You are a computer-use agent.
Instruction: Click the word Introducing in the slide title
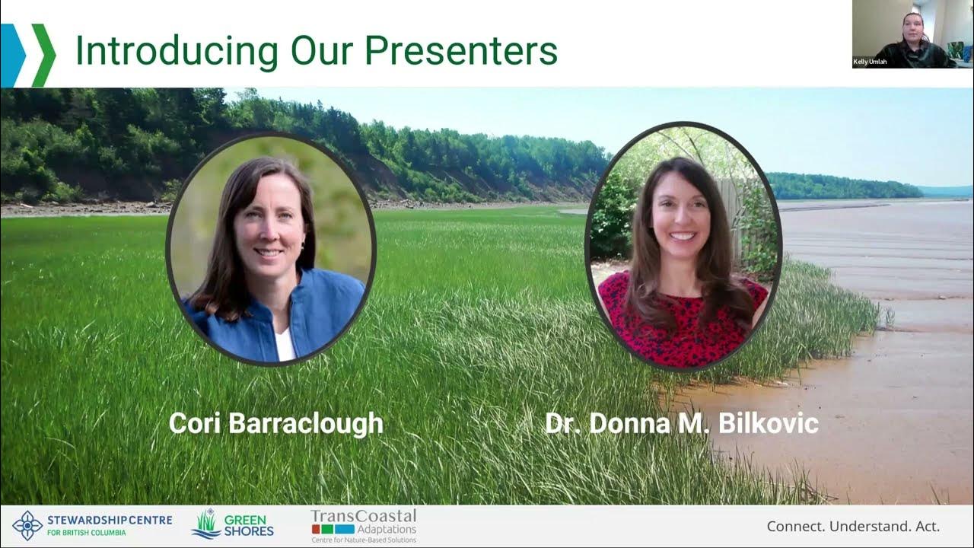177,51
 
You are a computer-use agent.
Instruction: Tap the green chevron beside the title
44,55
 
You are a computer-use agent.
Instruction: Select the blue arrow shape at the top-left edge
11,55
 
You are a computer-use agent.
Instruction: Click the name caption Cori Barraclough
275,424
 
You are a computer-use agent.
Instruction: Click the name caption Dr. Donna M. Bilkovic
681,424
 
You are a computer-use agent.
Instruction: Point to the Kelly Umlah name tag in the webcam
870,62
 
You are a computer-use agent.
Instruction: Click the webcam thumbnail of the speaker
912,33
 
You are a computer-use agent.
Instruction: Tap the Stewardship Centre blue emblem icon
27,526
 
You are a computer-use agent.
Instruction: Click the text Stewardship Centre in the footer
109,521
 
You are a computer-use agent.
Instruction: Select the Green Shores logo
232,525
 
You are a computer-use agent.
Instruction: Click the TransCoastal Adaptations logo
364,525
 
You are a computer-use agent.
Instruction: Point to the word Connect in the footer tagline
795,526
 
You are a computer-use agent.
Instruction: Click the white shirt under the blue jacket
285,345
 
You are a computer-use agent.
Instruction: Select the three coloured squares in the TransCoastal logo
333,529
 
